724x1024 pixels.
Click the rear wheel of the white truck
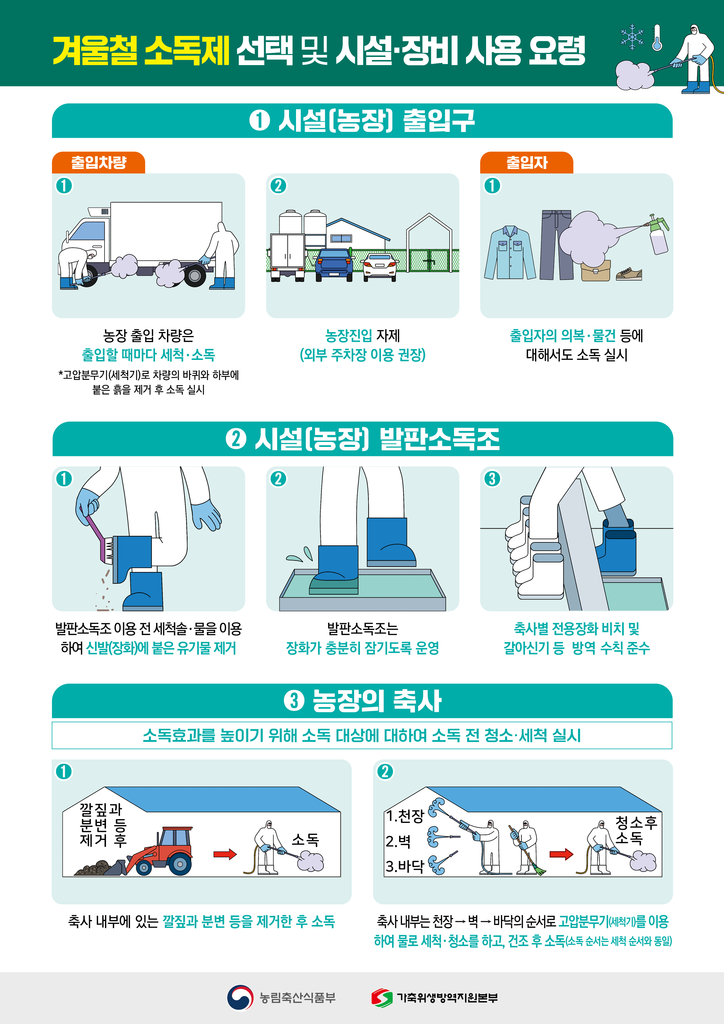coord(195,276)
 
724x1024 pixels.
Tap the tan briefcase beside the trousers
coord(595,271)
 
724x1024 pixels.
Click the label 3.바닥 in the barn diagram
coord(404,866)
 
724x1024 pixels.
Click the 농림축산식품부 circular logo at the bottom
coord(240,997)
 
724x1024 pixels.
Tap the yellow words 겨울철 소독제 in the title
coord(140,50)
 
